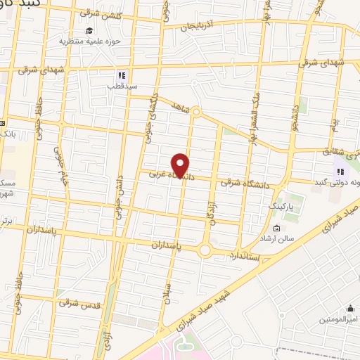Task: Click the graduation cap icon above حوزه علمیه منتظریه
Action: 89,30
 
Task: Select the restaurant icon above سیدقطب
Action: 122,74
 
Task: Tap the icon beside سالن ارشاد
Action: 276,229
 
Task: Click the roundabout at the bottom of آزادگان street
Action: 206,250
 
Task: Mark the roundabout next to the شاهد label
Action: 196,111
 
